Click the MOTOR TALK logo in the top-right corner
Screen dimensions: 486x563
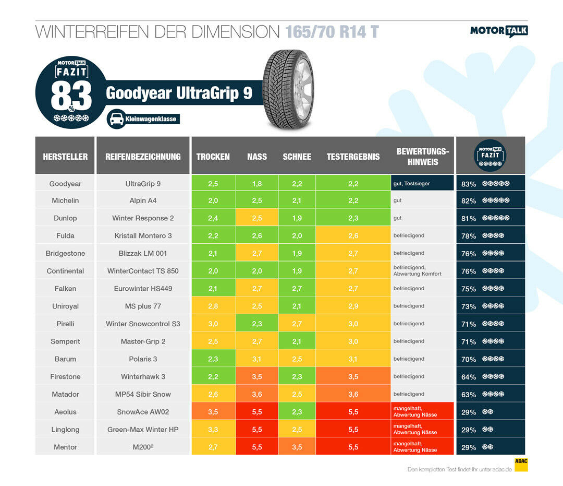499,31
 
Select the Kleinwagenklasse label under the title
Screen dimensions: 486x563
151,120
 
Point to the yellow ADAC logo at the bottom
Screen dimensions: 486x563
521,465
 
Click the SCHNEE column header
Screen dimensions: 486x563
297,157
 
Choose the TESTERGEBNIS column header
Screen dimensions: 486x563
353,157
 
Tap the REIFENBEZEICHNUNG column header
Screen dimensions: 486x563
143,157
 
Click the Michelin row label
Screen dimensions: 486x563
65,200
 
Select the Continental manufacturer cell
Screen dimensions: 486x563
65,271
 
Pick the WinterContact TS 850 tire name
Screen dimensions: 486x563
143,271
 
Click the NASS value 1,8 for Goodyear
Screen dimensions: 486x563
256,184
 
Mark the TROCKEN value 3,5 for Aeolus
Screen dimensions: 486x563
213,412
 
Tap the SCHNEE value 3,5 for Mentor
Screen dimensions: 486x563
297,447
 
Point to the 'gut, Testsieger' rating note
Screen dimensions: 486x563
412,184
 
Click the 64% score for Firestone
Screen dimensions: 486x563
469,377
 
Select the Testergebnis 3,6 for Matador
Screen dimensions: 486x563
353,394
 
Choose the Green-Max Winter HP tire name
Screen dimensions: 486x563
143,430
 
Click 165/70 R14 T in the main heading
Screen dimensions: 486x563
332,32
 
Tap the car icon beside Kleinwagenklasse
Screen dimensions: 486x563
115,120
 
